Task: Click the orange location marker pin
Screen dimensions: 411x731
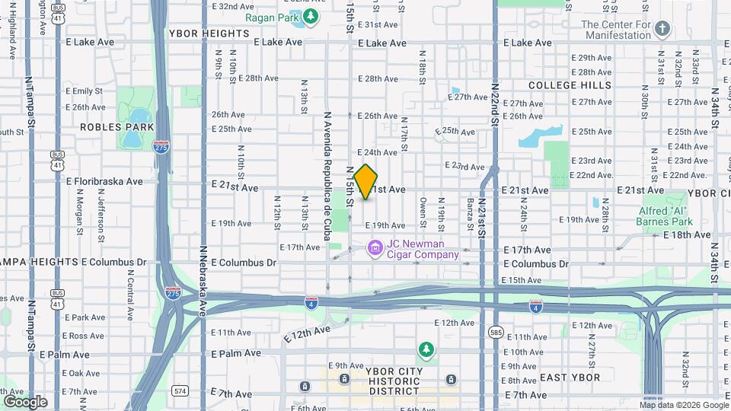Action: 366,182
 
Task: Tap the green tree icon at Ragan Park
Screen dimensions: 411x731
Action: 311,17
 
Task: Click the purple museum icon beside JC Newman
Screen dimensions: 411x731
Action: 375,248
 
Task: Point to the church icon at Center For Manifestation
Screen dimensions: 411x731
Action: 662,30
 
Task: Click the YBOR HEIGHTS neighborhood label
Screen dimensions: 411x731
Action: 209,33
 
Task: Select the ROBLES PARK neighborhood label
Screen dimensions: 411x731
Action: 117,127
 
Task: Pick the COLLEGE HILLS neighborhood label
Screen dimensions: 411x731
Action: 570,85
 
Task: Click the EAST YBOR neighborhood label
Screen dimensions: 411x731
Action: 570,378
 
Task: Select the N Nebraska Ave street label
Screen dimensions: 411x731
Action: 203,270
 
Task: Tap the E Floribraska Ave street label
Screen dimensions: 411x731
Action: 104,181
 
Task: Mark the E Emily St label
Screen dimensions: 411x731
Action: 83,91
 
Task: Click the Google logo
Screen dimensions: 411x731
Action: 25,401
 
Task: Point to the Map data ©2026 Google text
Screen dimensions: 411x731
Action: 684,405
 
